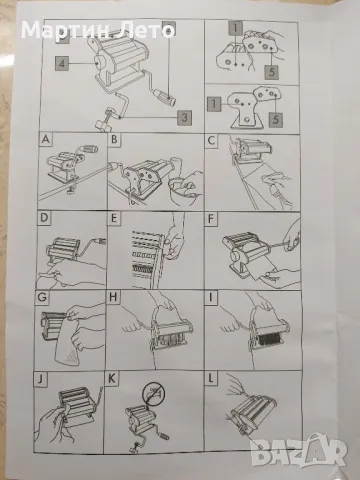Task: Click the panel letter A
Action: (46, 139)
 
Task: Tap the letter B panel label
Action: (114, 139)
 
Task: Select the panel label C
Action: (211, 141)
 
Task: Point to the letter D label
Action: (44, 218)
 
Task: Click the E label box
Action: (114, 219)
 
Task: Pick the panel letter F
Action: (211, 220)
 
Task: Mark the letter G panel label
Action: (42, 297)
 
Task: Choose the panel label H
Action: (113, 297)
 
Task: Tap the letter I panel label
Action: (210, 298)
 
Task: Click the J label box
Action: (40, 379)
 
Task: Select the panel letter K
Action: (112, 379)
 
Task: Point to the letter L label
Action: (211, 379)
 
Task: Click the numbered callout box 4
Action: (62, 63)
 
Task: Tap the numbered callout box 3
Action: (184, 117)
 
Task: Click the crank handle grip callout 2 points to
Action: (164, 96)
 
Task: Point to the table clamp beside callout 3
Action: (107, 119)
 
